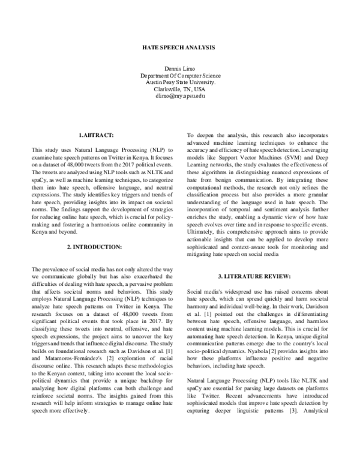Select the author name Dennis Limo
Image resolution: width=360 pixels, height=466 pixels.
(180, 69)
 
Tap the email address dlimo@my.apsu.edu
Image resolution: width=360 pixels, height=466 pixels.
(180, 95)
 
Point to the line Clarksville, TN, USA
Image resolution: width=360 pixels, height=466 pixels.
(180, 89)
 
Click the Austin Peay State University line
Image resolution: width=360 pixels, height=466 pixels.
(180, 82)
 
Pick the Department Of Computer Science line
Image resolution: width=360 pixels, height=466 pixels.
(180, 76)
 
